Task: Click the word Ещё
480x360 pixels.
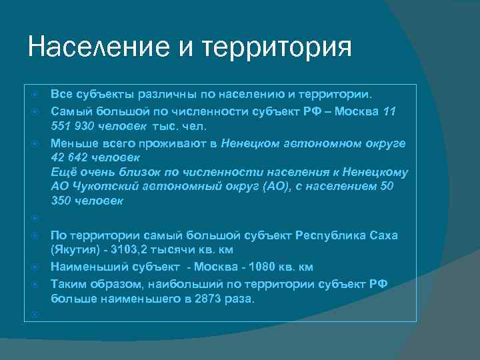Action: tap(63, 172)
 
